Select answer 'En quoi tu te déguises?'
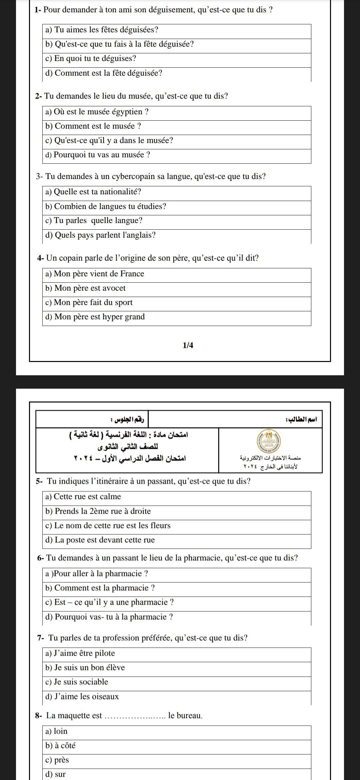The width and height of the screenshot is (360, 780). click(91, 59)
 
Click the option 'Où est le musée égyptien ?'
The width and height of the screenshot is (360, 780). click(97, 112)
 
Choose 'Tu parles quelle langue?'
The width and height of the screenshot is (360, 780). click(94, 221)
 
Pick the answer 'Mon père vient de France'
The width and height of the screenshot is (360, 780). click(95, 274)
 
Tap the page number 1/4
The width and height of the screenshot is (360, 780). click(188, 345)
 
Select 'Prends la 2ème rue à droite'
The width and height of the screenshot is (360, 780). click(98, 511)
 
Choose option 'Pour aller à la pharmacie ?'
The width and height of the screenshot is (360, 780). click(97, 574)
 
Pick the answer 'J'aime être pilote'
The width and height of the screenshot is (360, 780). click(80, 653)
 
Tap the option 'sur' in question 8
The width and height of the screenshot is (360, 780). click(55, 774)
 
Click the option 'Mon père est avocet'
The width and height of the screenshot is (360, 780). click(85, 288)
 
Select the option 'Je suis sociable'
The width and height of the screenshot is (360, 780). click(77, 682)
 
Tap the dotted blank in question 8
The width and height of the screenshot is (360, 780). click(135, 716)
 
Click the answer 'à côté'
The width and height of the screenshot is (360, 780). click(60, 746)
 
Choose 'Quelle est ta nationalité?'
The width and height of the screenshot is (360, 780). click(93, 192)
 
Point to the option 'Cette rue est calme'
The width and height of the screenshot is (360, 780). click(83, 497)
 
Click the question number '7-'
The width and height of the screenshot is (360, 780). click(41, 638)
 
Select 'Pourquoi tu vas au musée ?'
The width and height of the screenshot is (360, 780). click(98, 155)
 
